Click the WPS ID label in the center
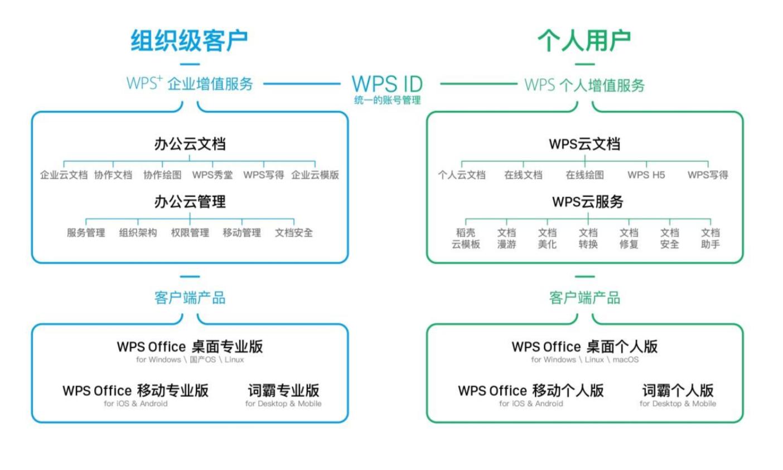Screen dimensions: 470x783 tap(387, 84)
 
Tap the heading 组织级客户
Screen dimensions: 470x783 tap(189, 41)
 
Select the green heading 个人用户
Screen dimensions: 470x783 tap(584, 41)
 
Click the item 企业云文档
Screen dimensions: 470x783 tap(64, 175)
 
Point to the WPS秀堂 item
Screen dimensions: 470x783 tap(212, 175)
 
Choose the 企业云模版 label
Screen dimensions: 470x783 tap(315, 175)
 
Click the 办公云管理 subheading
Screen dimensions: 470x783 tap(190, 202)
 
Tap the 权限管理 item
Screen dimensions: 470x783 tap(190, 233)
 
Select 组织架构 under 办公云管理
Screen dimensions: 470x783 tap(138, 233)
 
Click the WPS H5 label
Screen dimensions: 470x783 tap(646, 175)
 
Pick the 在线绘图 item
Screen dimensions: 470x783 tap(584, 175)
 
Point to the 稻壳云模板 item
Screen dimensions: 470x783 tap(466, 238)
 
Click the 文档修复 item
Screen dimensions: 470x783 tap(629, 238)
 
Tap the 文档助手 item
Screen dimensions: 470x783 tap(710, 238)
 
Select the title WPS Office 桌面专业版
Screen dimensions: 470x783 tap(190, 347)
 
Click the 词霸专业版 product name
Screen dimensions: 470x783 tap(283, 390)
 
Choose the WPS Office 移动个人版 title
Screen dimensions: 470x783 tap(531, 391)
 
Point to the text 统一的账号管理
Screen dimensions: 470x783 tap(387, 100)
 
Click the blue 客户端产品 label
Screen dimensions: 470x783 tap(190, 298)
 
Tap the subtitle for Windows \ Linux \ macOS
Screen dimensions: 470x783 tap(584, 360)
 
